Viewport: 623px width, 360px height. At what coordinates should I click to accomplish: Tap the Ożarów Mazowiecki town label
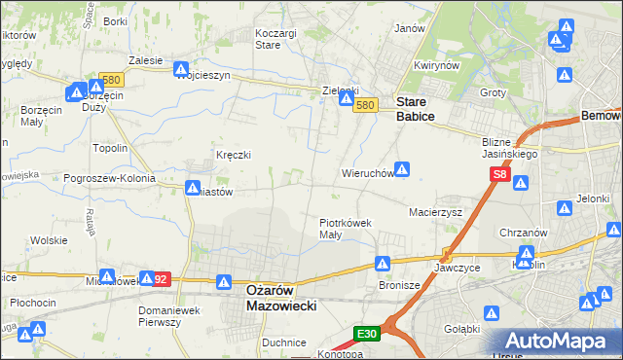pos(267,297)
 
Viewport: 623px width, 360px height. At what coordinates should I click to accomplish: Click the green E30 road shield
pos(367,334)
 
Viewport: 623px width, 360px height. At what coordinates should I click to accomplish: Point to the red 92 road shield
pos(161,279)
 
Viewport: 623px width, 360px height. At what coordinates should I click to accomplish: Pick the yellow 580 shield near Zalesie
pos(110,81)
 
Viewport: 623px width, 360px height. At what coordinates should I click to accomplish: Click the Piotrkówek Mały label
pos(346,228)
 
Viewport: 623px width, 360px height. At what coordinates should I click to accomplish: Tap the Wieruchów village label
pos(366,174)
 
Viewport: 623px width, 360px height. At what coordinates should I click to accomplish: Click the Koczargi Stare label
pos(275,38)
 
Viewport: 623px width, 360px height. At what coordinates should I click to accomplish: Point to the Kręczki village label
pos(234,155)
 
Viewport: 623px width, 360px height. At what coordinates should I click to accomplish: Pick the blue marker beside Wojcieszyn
pos(181,69)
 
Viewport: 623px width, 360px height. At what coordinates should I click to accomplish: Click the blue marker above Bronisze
pos(384,263)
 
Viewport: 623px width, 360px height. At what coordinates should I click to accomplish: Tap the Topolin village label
pos(109,148)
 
